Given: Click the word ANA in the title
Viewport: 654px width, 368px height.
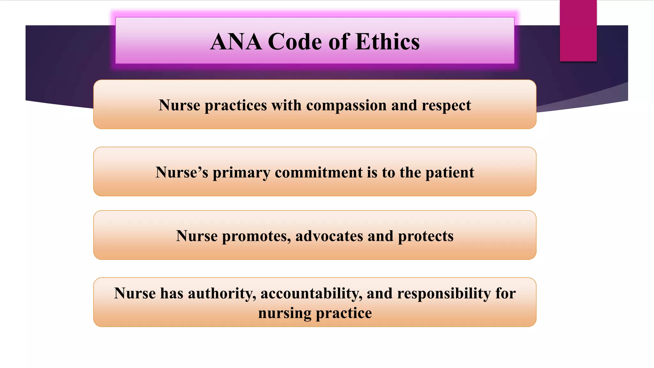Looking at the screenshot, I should coord(236,42).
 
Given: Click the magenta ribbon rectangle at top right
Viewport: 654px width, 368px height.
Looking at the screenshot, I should coord(578,30).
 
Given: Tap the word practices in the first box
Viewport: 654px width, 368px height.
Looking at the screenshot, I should coord(235,105).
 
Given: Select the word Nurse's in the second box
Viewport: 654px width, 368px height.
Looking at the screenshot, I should coord(182,172).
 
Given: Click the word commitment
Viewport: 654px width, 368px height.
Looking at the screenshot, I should coord(319,172).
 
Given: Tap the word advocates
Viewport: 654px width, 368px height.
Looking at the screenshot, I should coord(329,236).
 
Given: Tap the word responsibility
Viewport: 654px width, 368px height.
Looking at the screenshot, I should coord(444,294).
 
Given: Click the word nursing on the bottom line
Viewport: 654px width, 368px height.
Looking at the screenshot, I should coord(285,313).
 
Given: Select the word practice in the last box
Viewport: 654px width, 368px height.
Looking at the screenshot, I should coord(344,313).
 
